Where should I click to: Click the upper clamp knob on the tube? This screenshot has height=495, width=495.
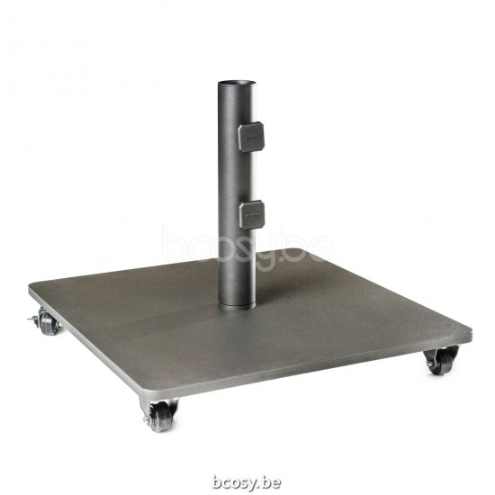[x=251, y=136]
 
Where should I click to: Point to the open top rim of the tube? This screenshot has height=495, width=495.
[x=236, y=84]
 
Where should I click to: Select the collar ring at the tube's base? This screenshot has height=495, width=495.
[x=235, y=307]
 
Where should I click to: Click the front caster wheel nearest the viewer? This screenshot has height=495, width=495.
[x=161, y=416]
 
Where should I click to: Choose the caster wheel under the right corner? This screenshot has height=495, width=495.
[x=441, y=361]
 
